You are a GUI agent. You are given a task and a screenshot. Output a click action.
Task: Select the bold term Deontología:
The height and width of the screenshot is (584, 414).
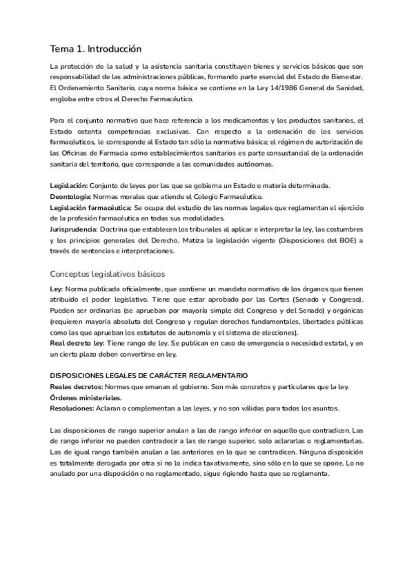pos(75,197)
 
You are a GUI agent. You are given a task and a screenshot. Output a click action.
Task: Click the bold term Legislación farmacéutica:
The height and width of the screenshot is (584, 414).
pos(90,207)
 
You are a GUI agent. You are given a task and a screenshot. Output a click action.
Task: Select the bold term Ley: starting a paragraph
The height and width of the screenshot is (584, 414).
pos(57,290)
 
